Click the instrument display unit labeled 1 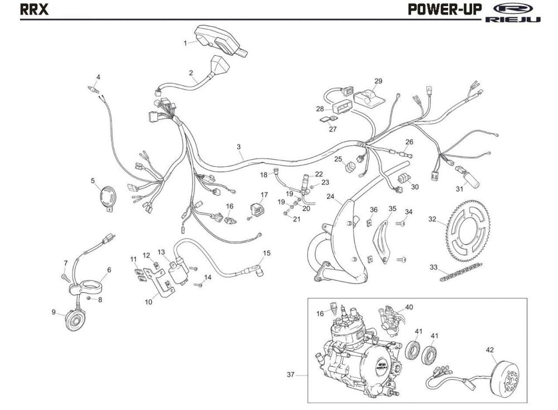click(x=220, y=40)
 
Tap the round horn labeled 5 click(x=105, y=198)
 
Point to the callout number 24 click(x=330, y=197)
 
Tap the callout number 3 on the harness click(x=238, y=147)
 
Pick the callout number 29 click(x=378, y=82)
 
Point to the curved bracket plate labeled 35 click(x=384, y=237)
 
